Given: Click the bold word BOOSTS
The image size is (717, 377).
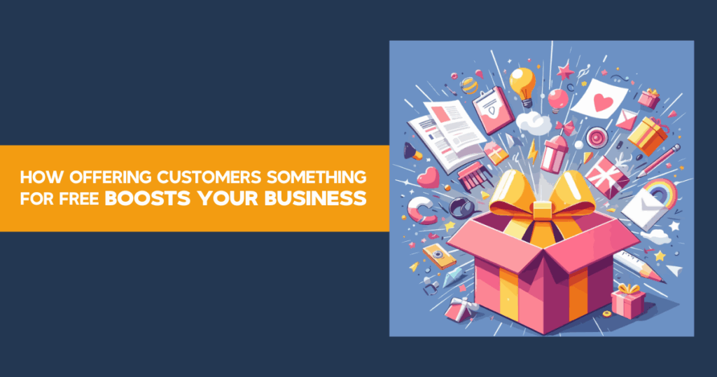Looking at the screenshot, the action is click(x=147, y=198).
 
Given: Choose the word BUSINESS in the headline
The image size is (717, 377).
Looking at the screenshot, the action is click(x=315, y=198).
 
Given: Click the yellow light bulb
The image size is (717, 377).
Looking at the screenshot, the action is click(x=523, y=85).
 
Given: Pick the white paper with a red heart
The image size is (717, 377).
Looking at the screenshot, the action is click(x=600, y=98).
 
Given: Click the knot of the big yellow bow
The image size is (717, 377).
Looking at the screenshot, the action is click(x=543, y=211).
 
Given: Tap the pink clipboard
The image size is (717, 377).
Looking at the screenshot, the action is click(x=494, y=109).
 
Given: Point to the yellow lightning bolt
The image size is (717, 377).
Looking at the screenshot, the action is click(x=533, y=152).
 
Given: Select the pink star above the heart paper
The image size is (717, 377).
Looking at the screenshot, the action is click(x=566, y=71).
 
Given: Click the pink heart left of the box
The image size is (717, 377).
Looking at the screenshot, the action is click(x=428, y=177).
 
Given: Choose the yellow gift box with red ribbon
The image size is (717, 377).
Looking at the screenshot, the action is click(x=648, y=135).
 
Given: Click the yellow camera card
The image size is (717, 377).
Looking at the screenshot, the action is click(x=439, y=256).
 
